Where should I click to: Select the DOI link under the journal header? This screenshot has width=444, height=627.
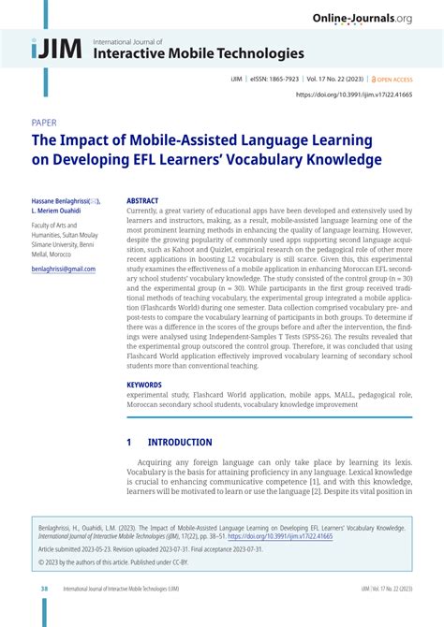354,95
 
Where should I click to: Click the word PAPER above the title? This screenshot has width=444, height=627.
44,123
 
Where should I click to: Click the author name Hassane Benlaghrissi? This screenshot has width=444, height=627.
62,200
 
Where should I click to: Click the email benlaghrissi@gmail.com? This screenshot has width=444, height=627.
64,269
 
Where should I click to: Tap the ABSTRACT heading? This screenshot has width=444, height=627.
142,200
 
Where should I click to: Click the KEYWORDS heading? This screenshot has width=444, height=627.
144,385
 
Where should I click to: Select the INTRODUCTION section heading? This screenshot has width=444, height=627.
180,443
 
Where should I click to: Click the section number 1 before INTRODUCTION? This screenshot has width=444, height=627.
129,443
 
